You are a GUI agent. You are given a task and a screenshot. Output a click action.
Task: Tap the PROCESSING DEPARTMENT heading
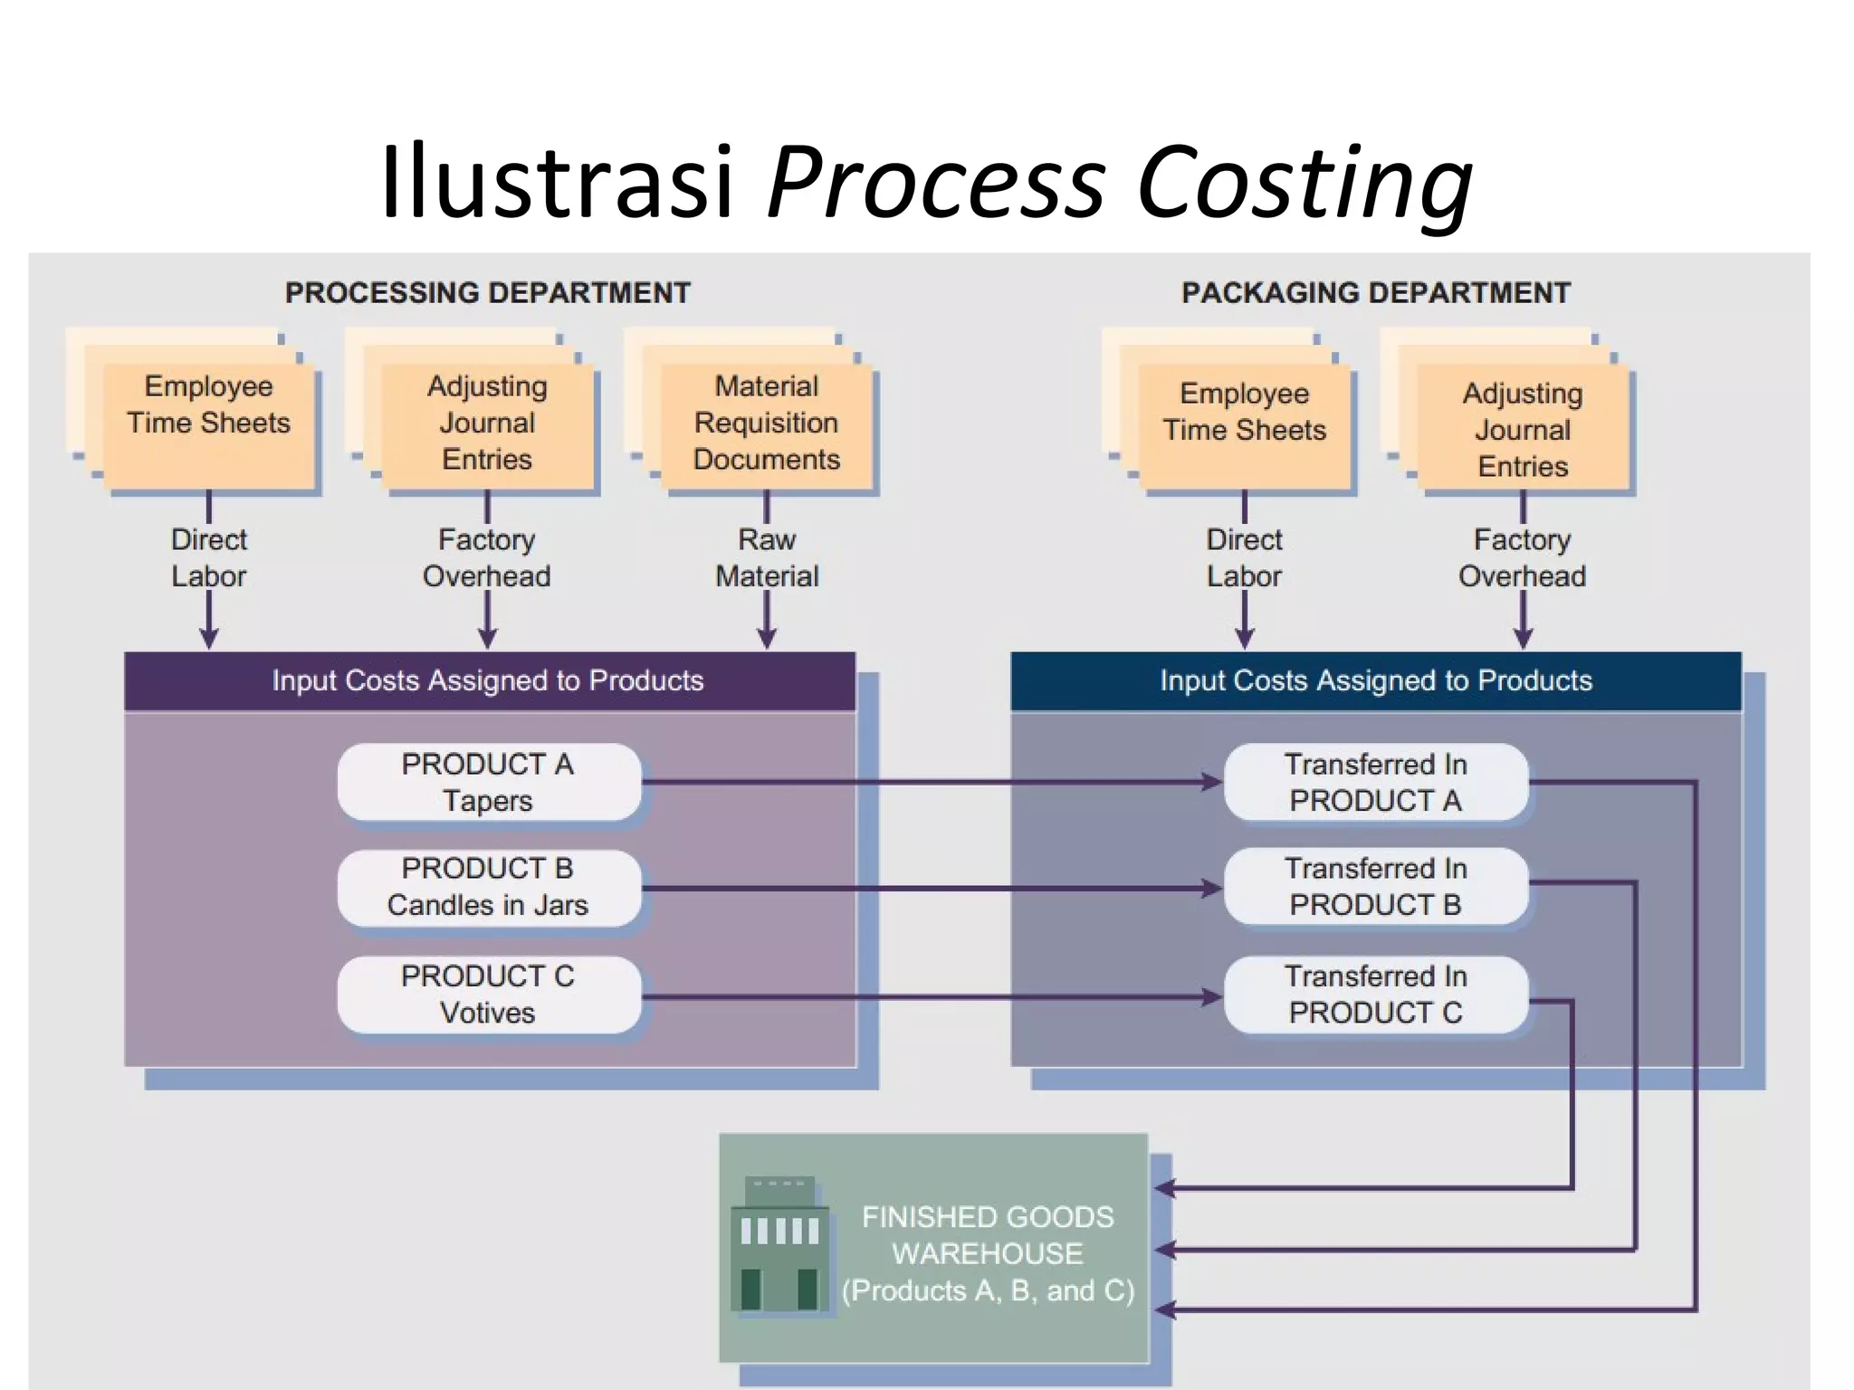(x=487, y=293)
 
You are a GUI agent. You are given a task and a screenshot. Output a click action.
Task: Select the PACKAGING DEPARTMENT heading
(x=1375, y=293)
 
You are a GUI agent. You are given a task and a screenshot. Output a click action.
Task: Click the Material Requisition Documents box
(x=766, y=424)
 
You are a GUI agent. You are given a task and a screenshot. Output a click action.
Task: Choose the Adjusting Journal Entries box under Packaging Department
(x=1522, y=429)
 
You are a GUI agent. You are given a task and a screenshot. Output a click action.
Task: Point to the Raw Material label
(x=766, y=557)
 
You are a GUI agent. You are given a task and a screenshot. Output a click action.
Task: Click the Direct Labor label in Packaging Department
(x=1244, y=557)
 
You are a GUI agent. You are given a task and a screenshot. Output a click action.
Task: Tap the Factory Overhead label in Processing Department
(x=486, y=557)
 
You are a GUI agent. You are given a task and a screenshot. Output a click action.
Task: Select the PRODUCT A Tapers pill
(x=488, y=782)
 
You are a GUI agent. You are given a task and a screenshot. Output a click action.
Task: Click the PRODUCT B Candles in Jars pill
(x=488, y=887)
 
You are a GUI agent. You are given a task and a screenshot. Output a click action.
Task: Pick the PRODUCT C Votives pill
(x=488, y=994)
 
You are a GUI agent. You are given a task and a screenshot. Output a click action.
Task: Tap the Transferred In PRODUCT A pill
(x=1375, y=782)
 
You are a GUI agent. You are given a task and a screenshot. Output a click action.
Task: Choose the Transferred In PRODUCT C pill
(x=1375, y=994)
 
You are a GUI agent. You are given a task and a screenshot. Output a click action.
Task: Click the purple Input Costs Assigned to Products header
(x=489, y=681)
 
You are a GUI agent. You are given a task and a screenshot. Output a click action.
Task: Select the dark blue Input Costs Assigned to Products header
(x=1375, y=681)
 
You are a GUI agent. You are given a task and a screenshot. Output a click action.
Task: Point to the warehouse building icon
(x=779, y=1244)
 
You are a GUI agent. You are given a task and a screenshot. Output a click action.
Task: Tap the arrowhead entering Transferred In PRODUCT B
(x=1211, y=889)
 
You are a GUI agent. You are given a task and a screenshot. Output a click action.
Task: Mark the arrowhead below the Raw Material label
(x=767, y=639)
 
